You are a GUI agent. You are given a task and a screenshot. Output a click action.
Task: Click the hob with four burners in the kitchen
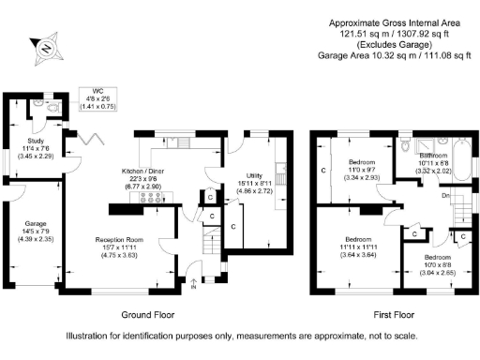coord(148,199)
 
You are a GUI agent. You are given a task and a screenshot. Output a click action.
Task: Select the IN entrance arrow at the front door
coord(194,282)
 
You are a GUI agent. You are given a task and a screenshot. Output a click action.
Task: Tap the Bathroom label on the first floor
coord(434,158)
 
